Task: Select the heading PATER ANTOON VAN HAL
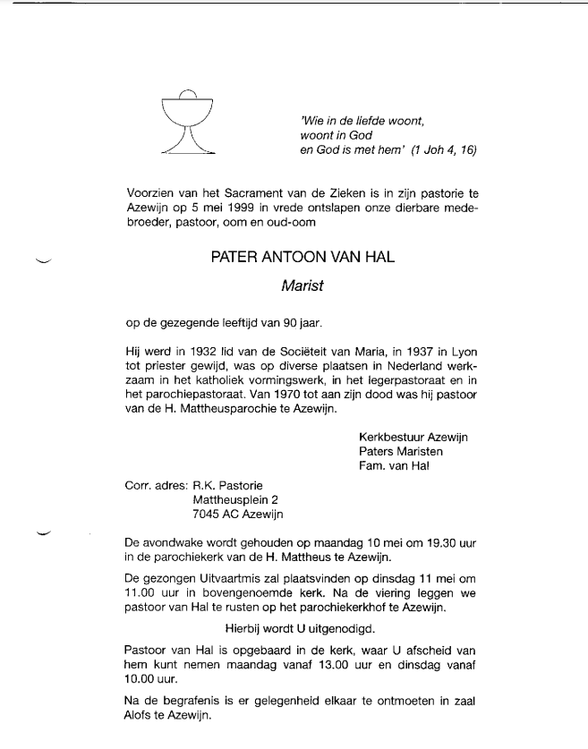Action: click(302, 258)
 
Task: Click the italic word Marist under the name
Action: click(302, 287)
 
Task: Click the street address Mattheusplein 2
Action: click(236, 499)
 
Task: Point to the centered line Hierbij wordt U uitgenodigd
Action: click(302, 630)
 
